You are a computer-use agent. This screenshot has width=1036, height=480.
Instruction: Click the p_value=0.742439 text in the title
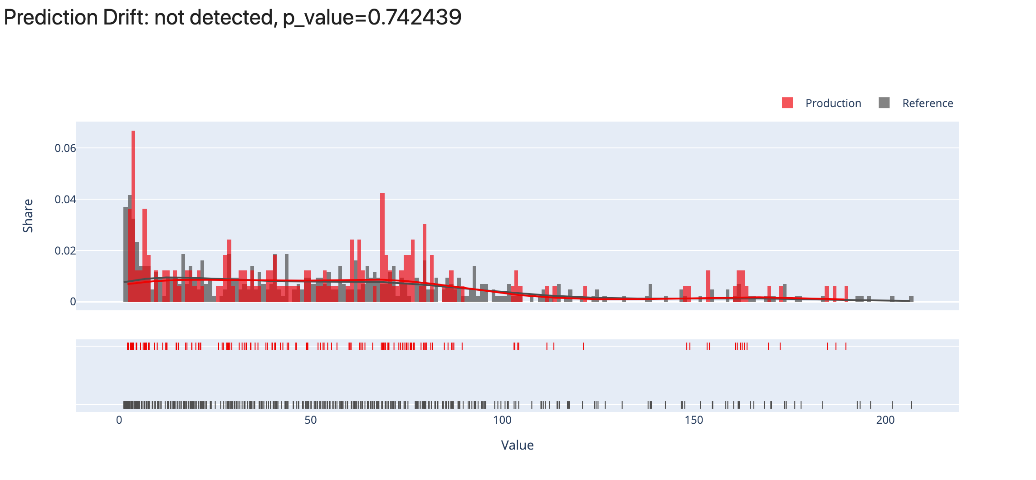click(x=372, y=18)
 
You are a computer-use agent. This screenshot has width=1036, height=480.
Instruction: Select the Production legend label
click(x=833, y=103)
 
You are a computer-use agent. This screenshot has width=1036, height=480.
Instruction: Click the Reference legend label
click(x=927, y=103)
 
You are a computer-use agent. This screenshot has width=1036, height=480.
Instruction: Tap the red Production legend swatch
click(x=787, y=103)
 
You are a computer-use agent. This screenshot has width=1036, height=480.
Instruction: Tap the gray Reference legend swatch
click(x=884, y=103)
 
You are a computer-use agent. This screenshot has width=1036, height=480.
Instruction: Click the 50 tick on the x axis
click(x=311, y=420)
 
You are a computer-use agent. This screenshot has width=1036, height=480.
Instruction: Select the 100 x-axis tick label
click(x=502, y=420)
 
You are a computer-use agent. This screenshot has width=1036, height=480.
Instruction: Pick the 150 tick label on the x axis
click(x=694, y=420)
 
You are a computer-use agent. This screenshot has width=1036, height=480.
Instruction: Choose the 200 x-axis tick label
click(x=885, y=420)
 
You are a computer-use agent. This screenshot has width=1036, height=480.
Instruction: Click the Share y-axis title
click(x=28, y=216)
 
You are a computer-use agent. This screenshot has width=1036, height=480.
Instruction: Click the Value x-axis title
click(x=517, y=445)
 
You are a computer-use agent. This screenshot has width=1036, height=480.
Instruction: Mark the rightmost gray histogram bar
click(x=911, y=299)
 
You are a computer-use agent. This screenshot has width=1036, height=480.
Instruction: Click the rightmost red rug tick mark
click(x=846, y=347)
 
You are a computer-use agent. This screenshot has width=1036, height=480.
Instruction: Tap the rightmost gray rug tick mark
click(x=911, y=405)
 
